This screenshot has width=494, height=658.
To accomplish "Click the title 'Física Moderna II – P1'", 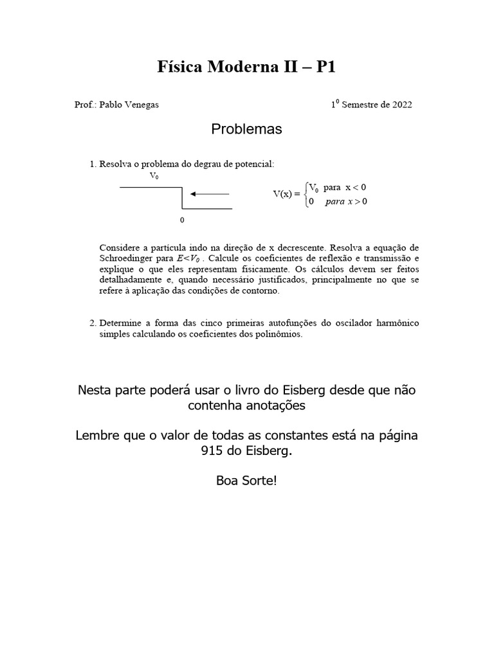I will click(x=247, y=67).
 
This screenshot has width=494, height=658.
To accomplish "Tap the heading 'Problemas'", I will click(x=247, y=129).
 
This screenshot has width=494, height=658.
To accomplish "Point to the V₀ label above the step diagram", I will click(x=154, y=175).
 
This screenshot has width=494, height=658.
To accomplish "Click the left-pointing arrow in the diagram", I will click(x=210, y=193).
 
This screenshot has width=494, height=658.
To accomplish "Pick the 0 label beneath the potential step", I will click(x=182, y=220).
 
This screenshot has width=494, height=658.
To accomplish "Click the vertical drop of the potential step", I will click(x=183, y=198).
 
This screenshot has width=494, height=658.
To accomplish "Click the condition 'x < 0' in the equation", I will click(x=356, y=187).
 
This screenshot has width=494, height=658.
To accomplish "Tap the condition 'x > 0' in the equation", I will click(x=357, y=202).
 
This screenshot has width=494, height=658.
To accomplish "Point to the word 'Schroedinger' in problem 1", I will click(x=127, y=258).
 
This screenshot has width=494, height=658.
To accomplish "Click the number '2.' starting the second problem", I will click(x=93, y=323).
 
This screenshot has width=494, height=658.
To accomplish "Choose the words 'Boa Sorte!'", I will click(x=247, y=481).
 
